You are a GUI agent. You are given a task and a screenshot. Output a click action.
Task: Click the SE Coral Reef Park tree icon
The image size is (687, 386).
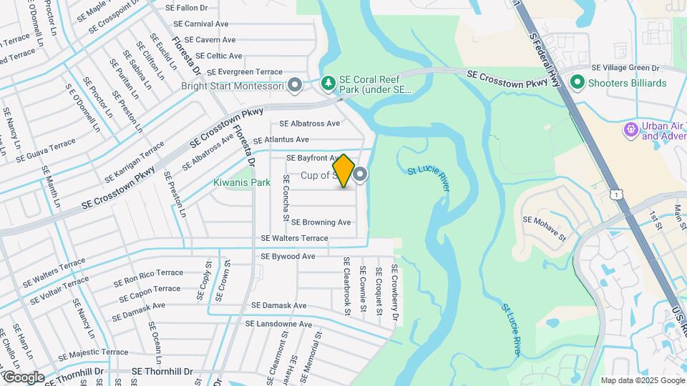[328, 84]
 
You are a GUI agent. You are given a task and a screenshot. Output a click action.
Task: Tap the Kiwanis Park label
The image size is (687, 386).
[242, 182]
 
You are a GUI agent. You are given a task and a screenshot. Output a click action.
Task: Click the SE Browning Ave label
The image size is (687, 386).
[321, 222]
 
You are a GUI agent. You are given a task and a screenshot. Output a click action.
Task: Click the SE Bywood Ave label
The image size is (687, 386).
[288, 256]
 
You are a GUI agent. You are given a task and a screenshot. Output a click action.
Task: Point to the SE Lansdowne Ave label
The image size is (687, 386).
[278, 324]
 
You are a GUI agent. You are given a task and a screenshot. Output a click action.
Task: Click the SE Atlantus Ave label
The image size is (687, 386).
[281, 139]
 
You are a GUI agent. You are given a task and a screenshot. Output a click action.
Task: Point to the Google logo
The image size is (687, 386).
[23, 377]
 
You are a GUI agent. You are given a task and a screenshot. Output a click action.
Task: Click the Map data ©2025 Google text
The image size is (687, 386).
[642, 380]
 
